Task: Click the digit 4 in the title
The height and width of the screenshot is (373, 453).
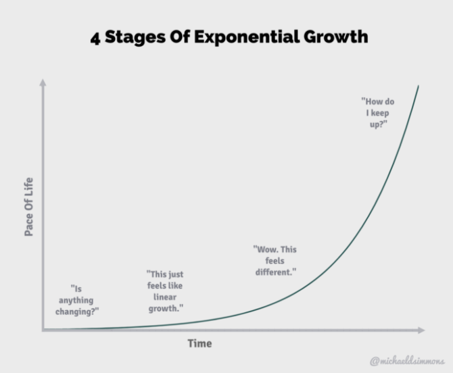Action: [x=95, y=38]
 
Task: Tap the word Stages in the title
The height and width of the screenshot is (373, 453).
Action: [x=135, y=38]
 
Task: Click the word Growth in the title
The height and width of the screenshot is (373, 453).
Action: [x=336, y=36]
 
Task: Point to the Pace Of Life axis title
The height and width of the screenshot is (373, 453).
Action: [x=28, y=207]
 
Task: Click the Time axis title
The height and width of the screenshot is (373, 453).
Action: [x=199, y=343]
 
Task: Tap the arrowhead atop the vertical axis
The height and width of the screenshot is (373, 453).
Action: [x=43, y=82]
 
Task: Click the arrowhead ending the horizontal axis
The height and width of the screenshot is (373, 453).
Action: [x=421, y=330]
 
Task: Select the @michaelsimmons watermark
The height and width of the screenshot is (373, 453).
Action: [x=407, y=361]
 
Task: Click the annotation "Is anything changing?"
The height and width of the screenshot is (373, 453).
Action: [x=77, y=300]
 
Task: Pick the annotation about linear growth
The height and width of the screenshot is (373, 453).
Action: [x=165, y=291]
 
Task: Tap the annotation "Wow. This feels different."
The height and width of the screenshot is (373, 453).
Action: [x=275, y=261]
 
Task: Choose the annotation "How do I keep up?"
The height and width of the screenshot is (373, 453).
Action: [x=378, y=113]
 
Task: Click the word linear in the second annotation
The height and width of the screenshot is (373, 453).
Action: [x=165, y=297]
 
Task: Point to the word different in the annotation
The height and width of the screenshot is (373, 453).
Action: [x=274, y=272]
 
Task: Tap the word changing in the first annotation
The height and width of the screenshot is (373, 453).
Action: [x=75, y=312]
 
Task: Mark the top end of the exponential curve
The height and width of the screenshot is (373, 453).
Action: [x=419, y=85]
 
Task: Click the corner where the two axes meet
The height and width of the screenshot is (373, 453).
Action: [x=43, y=330]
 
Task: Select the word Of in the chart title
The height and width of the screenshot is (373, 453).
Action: [x=180, y=37]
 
